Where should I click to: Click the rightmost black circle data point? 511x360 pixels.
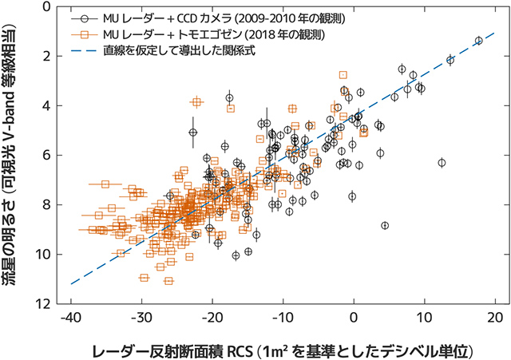pyautogui.click(x=478, y=41)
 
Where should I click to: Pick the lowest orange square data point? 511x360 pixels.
pyautogui.click(x=168, y=281)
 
